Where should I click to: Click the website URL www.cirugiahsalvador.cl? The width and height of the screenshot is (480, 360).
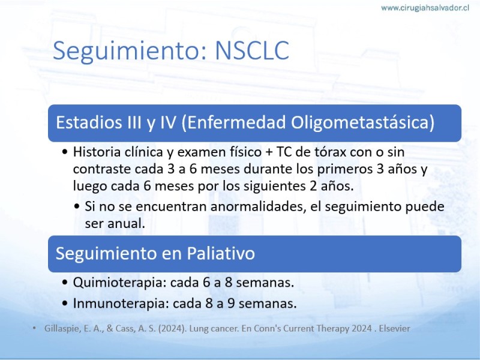coord(425,8)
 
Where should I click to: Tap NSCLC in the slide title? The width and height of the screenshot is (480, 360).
coord(252,50)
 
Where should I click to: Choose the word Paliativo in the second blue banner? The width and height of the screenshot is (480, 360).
coord(221,253)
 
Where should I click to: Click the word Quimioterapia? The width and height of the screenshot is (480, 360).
coord(120,282)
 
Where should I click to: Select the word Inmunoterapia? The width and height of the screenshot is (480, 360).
coord(121,304)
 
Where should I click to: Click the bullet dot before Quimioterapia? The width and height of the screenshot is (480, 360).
coord(65,282)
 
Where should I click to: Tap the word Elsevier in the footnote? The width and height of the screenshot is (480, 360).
coord(394,328)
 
